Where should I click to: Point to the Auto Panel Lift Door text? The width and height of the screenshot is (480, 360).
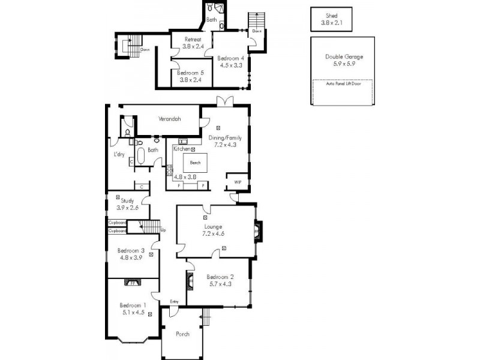click(x=343, y=84)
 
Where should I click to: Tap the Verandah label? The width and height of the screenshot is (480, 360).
click(x=170, y=118)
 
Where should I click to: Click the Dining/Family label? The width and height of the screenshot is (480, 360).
click(x=225, y=137)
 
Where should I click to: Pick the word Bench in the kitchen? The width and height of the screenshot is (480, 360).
click(x=195, y=163)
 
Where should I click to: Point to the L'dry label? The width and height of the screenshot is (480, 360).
click(x=119, y=154)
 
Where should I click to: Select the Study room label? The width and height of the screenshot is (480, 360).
click(x=127, y=201)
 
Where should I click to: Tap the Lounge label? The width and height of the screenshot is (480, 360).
click(x=214, y=227)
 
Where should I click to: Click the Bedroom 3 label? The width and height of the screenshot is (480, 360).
click(x=131, y=251)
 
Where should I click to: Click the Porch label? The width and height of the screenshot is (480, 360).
click(x=182, y=334)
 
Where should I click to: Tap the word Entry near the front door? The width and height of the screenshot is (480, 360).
click(x=175, y=301)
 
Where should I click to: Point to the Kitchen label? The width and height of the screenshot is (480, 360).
click(x=182, y=148)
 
